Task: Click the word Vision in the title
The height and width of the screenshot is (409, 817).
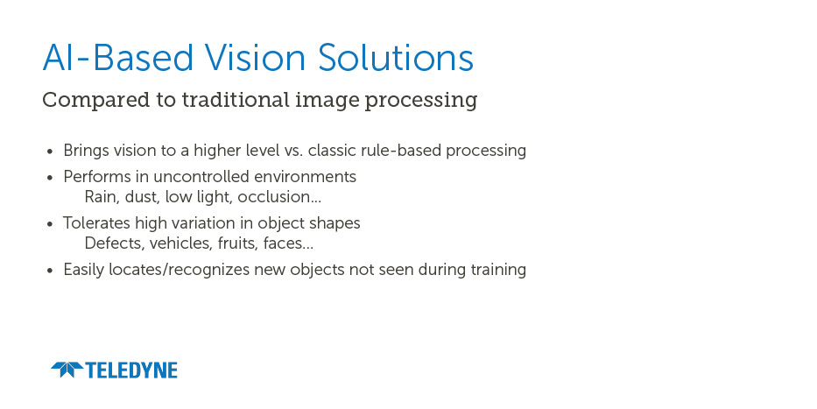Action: [x=255, y=57]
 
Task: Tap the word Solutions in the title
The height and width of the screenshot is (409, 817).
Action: [x=396, y=57]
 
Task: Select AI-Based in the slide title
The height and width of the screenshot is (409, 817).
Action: [x=118, y=57]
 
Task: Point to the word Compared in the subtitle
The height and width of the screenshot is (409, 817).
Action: [x=95, y=100]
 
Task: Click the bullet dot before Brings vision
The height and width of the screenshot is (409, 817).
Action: [x=50, y=152]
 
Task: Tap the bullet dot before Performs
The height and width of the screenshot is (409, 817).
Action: [x=50, y=178]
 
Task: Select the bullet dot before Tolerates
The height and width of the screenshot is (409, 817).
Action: [x=50, y=224]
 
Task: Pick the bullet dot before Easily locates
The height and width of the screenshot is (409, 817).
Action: [x=50, y=271]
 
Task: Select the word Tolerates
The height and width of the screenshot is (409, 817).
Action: [x=97, y=223]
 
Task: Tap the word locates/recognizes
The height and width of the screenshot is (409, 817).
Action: [x=180, y=270]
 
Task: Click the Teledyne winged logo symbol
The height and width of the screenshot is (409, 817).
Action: [x=67, y=370]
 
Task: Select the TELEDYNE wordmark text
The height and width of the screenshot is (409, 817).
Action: [x=131, y=370]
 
